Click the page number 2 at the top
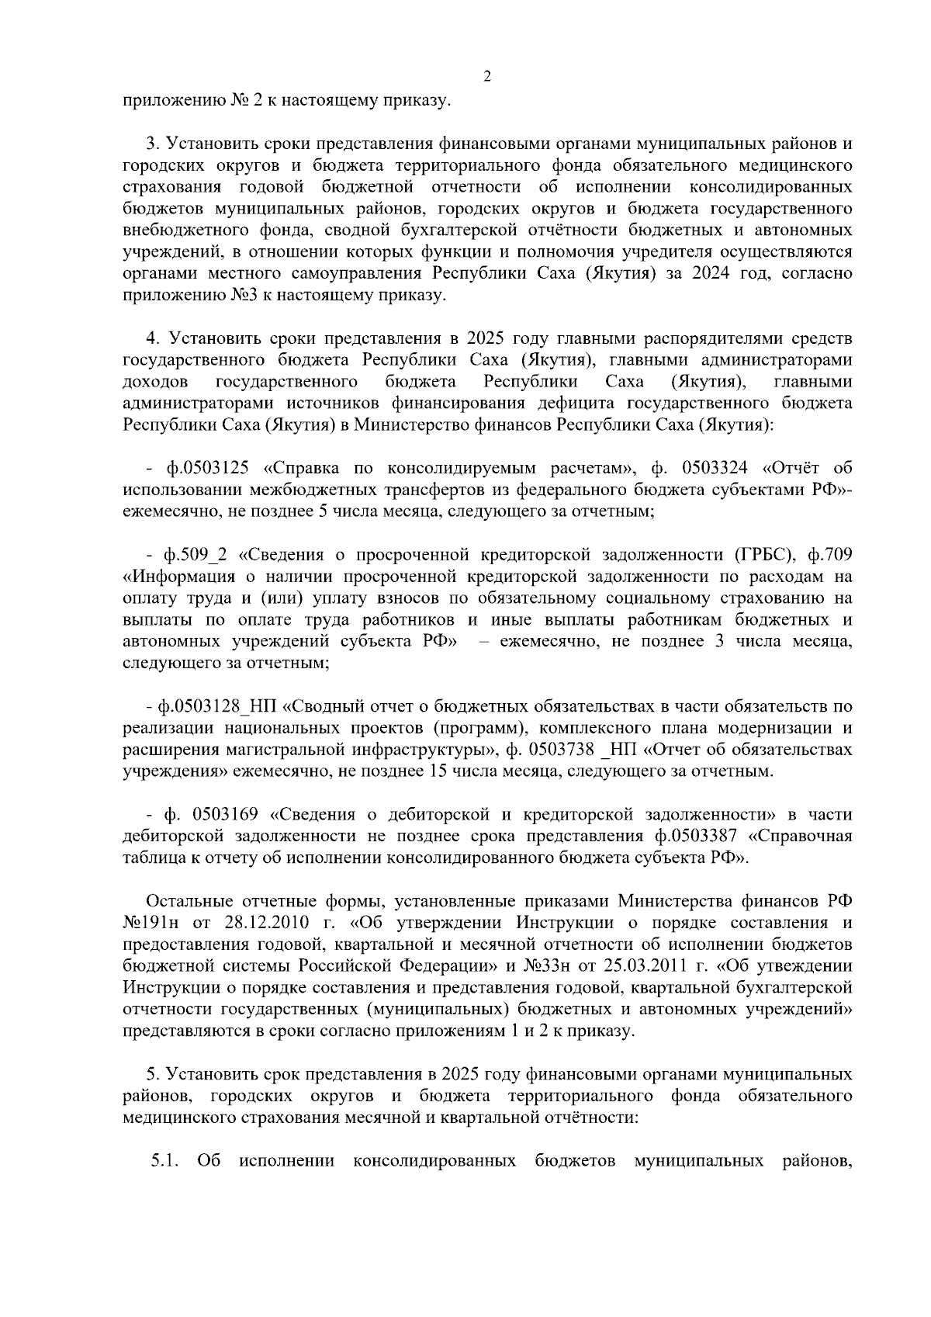pos(486,76)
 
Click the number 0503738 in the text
pos(561,750)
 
